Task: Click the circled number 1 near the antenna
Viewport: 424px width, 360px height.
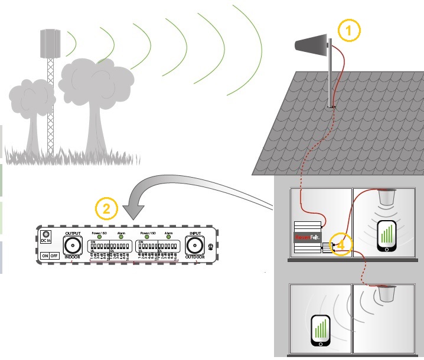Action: tap(348, 31)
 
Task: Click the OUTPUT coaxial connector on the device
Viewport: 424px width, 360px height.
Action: tap(73, 245)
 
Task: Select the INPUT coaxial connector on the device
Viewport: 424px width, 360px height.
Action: tap(195, 245)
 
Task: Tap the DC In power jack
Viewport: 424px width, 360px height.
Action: tap(46, 234)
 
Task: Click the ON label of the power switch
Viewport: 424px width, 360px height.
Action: tap(45, 256)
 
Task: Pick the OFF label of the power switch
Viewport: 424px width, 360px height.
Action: tap(54, 256)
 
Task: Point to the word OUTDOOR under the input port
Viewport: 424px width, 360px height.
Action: tap(195, 258)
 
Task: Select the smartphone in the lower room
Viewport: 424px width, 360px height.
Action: tap(319, 331)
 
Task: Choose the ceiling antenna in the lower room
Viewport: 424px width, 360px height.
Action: tap(387, 293)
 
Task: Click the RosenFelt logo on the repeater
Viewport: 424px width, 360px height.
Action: tap(306, 238)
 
